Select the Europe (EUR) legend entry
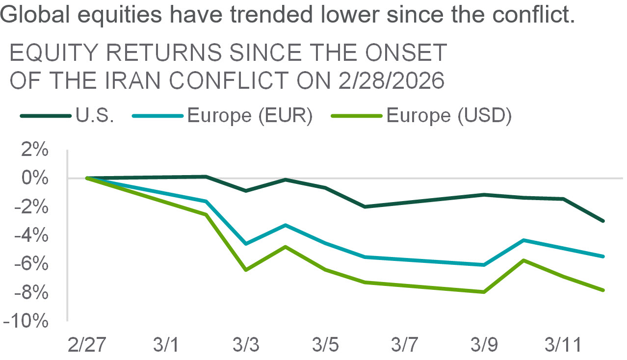pyautogui.click(x=223, y=116)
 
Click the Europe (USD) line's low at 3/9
pyautogui.click(x=484, y=292)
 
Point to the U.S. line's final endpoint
pyautogui.click(x=603, y=221)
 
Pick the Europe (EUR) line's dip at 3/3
pyautogui.click(x=246, y=244)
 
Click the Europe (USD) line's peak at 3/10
pyautogui.click(x=524, y=260)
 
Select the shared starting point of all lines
pyautogui.click(x=87, y=178)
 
